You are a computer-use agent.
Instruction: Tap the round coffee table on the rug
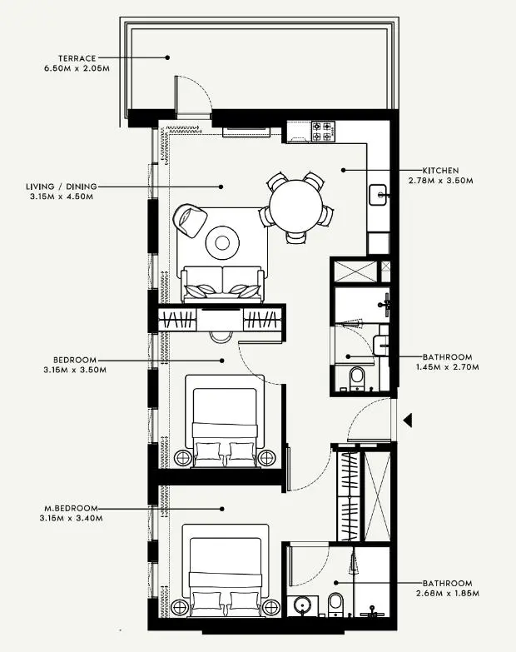click(x=222, y=243)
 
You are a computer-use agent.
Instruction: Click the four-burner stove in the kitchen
click(x=323, y=131)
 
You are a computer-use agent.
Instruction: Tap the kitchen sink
click(x=380, y=195)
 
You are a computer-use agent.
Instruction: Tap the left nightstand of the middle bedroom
click(x=183, y=456)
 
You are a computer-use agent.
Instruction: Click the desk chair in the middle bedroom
click(x=221, y=335)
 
